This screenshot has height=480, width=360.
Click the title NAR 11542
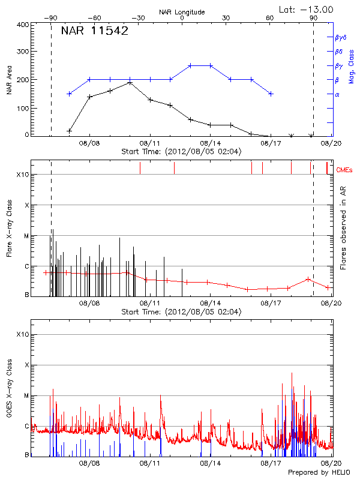tap(94, 32)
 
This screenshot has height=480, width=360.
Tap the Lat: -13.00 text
tap(307, 10)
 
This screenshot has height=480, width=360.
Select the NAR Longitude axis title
tap(182, 12)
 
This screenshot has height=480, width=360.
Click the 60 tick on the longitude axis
tap(271, 19)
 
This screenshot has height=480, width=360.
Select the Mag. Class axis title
tap(351, 66)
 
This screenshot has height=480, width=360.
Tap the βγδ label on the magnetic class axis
tap(340, 37)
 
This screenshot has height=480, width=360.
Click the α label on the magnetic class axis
tap(337, 94)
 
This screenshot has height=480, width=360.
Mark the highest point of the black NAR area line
tap(130, 82)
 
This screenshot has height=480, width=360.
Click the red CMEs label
tap(344, 170)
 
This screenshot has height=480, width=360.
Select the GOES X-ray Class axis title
tap(9, 390)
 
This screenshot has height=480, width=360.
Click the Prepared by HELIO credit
tap(310, 473)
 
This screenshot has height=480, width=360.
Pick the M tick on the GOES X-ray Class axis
tap(26, 396)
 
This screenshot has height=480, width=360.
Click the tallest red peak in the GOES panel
tap(292, 373)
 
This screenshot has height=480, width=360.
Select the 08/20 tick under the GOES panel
tap(331, 464)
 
